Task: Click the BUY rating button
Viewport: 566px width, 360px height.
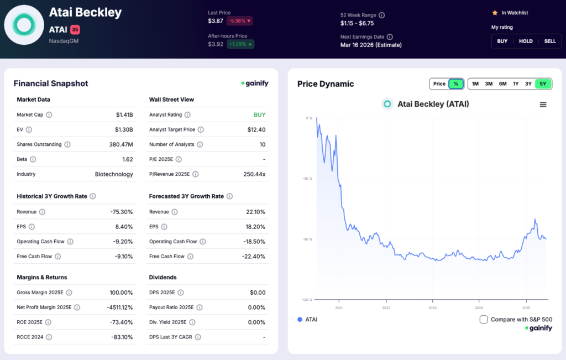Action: tap(502, 41)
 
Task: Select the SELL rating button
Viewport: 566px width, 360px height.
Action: tap(550, 41)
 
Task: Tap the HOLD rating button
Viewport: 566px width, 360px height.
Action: tap(526, 41)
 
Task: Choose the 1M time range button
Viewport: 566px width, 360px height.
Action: tap(475, 84)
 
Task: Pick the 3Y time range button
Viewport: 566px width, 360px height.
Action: tap(528, 84)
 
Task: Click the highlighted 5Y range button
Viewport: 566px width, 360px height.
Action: tap(543, 84)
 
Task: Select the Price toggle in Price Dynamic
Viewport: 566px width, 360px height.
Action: tap(439, 84)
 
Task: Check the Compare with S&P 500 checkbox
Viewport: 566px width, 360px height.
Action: tap(484, 319)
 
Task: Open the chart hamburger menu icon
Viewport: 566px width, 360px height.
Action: tap(543, 105)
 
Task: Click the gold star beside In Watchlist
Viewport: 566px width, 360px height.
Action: tap(495, 13)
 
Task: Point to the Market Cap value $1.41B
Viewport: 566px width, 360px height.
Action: tap(124, 114)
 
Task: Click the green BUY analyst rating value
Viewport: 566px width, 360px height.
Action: tap(259, 114)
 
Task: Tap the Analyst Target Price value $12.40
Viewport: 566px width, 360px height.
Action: tap(256, 129)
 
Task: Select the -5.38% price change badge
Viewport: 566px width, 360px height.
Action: tap(238, 21)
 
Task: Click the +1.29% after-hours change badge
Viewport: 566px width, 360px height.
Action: tap(240, 44)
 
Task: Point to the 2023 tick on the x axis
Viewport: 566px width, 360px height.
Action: tap(432, 308)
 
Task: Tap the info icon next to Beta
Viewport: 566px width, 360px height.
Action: tap(33, 159)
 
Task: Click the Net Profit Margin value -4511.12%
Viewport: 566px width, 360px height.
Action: tap(114, 307)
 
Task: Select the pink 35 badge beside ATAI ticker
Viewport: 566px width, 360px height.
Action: tap(75, 29)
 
